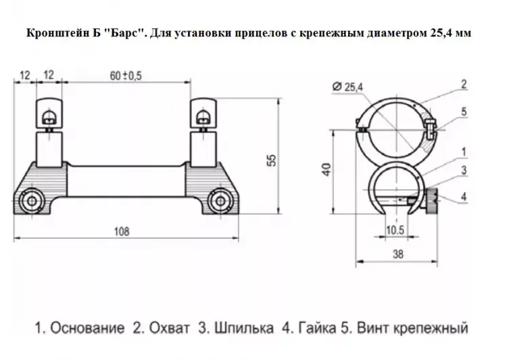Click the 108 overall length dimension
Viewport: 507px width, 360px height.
tap(122, 232)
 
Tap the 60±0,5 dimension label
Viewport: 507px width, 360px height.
tap(126, 75)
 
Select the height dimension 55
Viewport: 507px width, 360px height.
tap(272, 160)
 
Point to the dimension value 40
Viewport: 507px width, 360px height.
tap(327, 169)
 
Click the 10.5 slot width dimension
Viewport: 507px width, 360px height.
tap(395, 230)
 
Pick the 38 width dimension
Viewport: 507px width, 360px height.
tap(397, 255)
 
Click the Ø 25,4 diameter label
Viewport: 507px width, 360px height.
tap(348, 87)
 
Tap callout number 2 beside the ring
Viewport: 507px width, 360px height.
tap(464, 84)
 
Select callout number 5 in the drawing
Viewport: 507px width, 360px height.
tap(464, 111)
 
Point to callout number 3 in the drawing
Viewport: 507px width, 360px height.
tap(464, 171)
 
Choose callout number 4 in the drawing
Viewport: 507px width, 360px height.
tap(464, 197)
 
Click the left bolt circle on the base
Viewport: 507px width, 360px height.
tap(29, 200)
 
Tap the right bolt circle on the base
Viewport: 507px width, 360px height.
tap(218, 200)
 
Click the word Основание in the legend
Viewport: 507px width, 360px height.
tap(88, 329)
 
